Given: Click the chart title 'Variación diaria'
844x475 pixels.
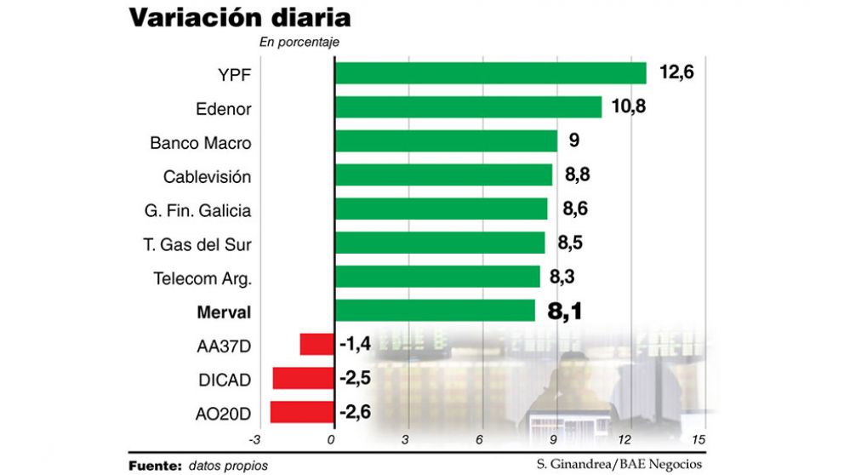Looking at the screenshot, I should (240, 19).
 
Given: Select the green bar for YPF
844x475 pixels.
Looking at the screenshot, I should (490, 73).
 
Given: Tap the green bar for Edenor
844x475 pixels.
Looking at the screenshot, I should (468, 107).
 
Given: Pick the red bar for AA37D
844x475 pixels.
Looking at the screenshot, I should (316, 345).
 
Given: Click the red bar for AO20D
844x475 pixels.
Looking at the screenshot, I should (302, 413).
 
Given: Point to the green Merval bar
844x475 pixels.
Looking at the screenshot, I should (435, 311).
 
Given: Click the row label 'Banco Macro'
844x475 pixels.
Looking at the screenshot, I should (201, 142).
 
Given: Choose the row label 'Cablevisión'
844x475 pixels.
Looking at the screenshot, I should (208, 176).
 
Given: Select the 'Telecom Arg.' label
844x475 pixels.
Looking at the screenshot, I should (202, 278).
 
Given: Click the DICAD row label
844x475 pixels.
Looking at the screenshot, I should (225, 380).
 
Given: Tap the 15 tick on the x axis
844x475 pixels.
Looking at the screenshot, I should (699, 439).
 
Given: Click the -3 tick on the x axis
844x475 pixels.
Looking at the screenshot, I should (254, 439).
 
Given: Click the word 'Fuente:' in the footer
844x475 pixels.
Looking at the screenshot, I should (155, 465).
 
